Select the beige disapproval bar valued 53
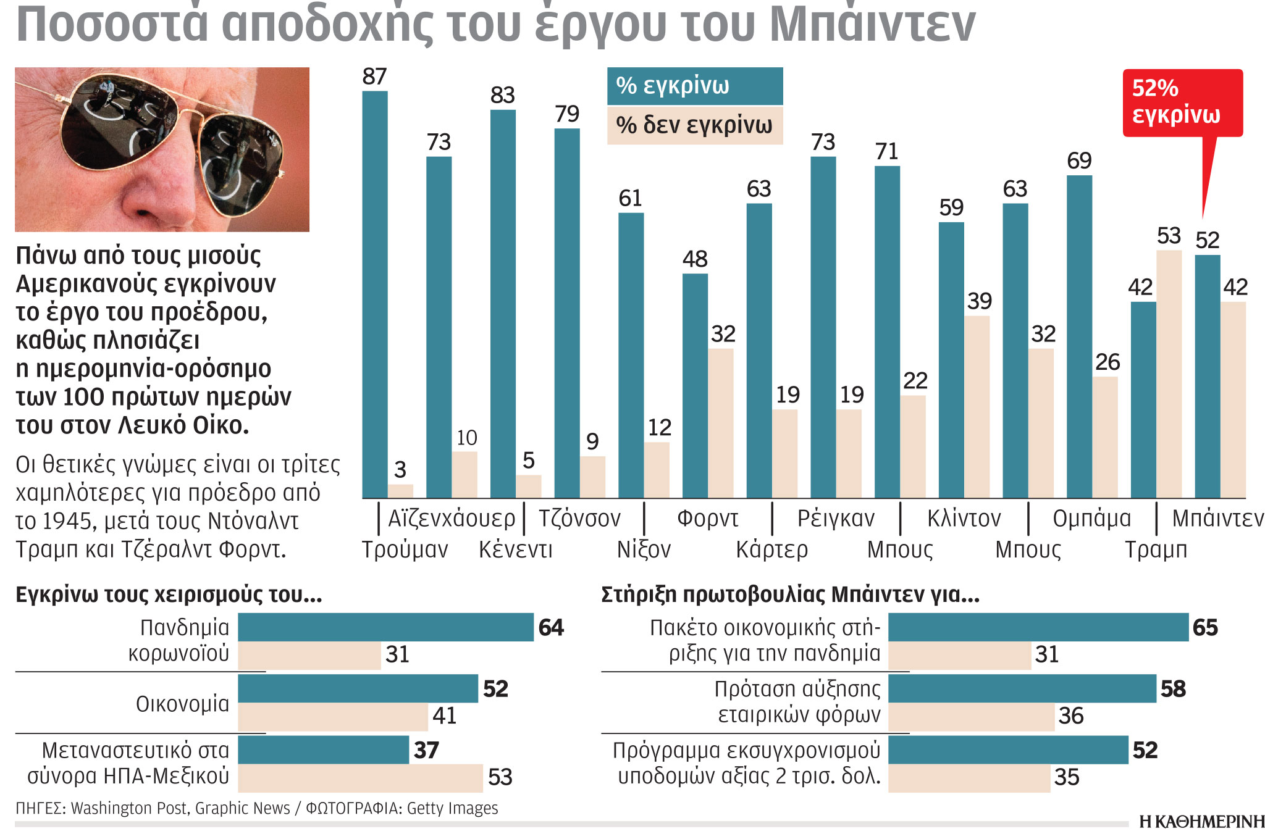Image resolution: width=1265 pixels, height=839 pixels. coord(1169,374)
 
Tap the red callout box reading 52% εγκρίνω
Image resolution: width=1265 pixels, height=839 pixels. coord(1182,102)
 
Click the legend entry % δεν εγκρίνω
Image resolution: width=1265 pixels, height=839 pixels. coord(694,125)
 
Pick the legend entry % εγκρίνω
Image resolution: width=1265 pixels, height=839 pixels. coord(694,86)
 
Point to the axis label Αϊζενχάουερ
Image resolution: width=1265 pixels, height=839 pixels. coord(451,519)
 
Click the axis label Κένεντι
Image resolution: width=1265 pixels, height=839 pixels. coord(515,549)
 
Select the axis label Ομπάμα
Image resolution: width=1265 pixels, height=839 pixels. coord(1091,519)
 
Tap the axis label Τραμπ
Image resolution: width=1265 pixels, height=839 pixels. coord(1156,549)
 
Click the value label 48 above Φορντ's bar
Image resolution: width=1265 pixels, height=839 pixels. coord(694,259)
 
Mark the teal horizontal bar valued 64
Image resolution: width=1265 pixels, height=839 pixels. coord(385,627)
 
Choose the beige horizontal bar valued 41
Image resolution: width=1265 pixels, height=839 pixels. coord(332,717)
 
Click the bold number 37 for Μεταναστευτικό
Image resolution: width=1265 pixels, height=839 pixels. coord(426,750)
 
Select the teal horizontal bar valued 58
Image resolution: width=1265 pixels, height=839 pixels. coord(1022,688)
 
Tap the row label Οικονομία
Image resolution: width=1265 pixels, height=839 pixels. coord(182,704)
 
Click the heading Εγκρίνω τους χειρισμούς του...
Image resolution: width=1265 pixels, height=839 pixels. coord(168,595)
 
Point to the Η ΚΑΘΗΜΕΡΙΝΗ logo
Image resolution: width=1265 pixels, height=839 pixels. coord(1201,822)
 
